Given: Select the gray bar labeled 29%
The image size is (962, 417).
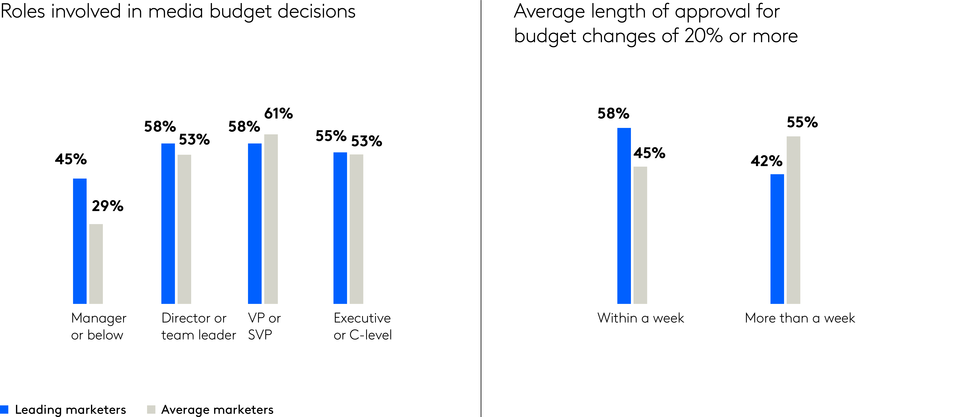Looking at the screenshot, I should pyautogui.click(x=96, y=264).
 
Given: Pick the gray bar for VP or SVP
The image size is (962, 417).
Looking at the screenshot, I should pyautogui.click(x=271, y=219).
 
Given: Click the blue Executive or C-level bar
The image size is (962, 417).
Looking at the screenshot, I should pyautogui.click(x=340, y=228).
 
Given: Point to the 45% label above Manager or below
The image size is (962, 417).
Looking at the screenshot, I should pyautogui.click(x=71, y=159).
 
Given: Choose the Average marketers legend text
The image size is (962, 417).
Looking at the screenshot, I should pyautogui.click(x=217, y=409).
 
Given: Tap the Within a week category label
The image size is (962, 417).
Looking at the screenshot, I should pyautogui.click(x=640, y=318).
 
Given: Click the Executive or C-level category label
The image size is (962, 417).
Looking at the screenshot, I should pyautogui.click(x=362, y=326).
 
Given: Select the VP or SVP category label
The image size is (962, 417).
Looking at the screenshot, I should pyautogui.click(x=264, y=326).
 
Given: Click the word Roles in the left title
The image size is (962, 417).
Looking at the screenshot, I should pyautogui.click(x=23, y=11).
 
